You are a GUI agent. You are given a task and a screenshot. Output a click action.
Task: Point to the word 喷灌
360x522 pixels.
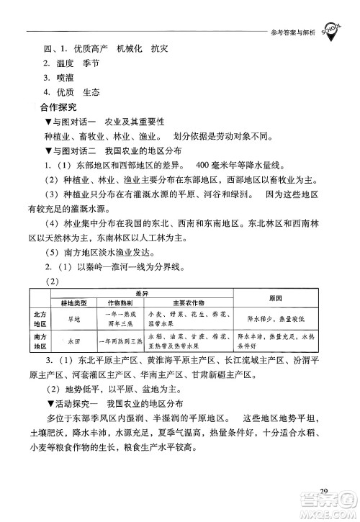pyautogui.click(x=66, y=78)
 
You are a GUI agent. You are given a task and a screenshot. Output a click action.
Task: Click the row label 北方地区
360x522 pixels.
pyautogui.click(x=37, y=319)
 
